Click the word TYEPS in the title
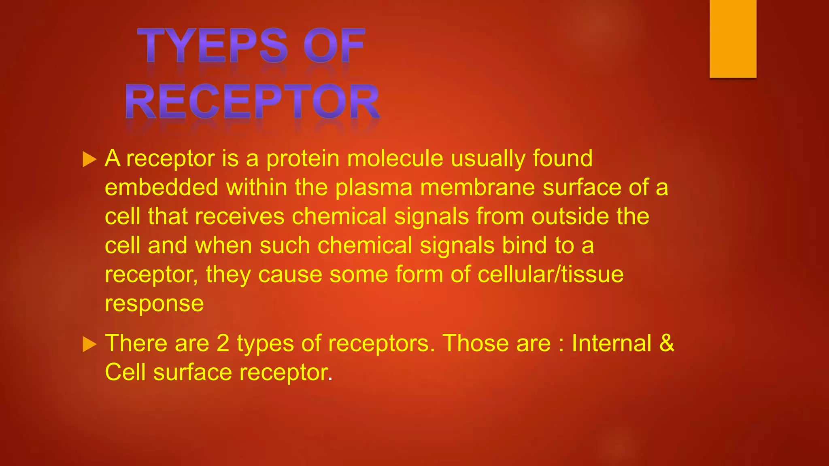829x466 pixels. [213, 45]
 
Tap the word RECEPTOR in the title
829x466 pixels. [253, 102]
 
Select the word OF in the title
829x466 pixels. [334, 45]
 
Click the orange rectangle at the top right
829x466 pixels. [733, 38]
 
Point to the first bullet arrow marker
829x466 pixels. [89, 159]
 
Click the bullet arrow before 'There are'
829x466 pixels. [89, 345]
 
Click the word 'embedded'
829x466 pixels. [162, 187]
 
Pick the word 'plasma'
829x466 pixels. [374, 188]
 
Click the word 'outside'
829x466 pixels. [570, 216]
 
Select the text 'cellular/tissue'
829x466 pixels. [551, 275]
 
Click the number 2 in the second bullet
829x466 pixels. [223, 343]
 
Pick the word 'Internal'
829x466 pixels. [611, 343]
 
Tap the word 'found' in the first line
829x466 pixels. [562, 158]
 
